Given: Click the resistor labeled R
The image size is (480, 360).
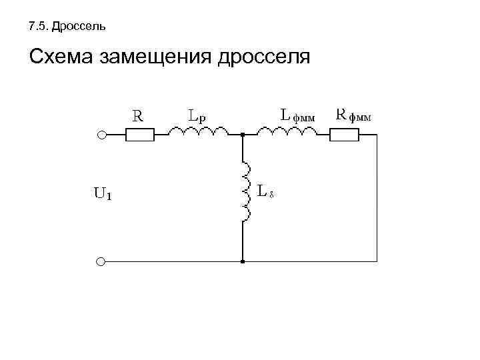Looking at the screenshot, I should pos(140,135).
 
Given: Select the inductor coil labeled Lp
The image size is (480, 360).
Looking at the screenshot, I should pos(199,133).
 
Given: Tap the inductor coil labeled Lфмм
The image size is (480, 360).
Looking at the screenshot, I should pos(292,133).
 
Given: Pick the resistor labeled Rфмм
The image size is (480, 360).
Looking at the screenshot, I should pos(345,135).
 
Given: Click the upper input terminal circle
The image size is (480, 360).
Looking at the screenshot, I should pos(101,135).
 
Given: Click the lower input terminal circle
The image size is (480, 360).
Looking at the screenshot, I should pos(101,262).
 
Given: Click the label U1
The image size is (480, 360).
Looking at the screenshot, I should pos(102,195).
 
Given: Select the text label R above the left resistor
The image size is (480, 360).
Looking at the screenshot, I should pos(137,115).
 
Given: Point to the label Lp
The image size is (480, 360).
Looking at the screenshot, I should pos(197,115).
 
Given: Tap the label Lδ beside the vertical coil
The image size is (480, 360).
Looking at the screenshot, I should pos(267,192).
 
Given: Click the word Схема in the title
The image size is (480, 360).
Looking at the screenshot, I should pos(61,58).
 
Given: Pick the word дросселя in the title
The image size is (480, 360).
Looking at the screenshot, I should pos(263,58).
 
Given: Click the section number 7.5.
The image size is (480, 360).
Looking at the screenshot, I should pos(39,27).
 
